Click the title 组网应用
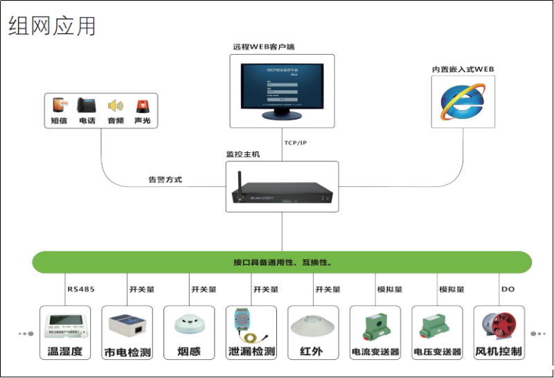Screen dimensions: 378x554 tap(53, 26)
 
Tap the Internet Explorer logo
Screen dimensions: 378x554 tap(463, 101)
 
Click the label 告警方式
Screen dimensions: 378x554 tap(165, 179)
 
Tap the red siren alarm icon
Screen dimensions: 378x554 tap(142, 105)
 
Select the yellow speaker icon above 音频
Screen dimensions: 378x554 tap(115, 106)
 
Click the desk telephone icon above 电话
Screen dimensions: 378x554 tap(87, 105)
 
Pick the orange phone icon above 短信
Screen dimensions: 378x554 tap(60, 105)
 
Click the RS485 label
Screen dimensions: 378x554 tap(80, 289)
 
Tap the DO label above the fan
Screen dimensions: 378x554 tap(508, 289)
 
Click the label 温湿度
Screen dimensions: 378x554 tap(64, 352)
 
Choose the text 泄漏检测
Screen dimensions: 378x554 tap(251, 352)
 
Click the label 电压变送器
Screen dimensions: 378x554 tap(437, 352)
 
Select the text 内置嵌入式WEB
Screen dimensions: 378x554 tap(463, 69)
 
